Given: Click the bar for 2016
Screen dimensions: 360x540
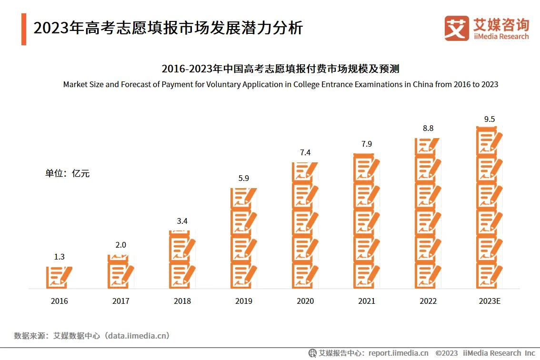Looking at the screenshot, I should tap(59, 277).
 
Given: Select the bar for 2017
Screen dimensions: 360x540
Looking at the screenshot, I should tap(120, 271).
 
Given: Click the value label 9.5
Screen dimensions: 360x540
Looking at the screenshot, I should tap(490, 119).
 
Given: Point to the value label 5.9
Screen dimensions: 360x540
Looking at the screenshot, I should tap(244, 179).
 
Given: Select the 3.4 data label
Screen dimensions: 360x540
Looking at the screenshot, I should tap(182, 221).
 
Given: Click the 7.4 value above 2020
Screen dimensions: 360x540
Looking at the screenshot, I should tap(305, 153).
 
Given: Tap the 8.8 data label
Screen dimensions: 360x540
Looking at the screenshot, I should tap(428, 128).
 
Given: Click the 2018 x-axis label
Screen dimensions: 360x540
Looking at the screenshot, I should tap(182, 301).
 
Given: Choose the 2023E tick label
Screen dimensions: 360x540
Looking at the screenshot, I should tap(490, 301).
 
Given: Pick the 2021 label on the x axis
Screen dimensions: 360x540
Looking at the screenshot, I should tap(367, 301).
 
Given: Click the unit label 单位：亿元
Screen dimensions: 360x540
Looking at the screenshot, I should tap(67, 173).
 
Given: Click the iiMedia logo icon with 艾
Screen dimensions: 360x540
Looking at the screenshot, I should tap(456, 28).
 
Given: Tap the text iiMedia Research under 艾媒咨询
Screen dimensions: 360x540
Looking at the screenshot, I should tap(501, 37).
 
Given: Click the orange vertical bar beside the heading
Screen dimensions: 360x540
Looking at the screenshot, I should tap(24, 29).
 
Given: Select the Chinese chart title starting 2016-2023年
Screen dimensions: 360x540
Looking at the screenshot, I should tap(280, 69).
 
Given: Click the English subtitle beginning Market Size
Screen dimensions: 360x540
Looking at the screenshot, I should tap(280, 84).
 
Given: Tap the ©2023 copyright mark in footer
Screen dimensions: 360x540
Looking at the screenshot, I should tap(447, 353).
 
